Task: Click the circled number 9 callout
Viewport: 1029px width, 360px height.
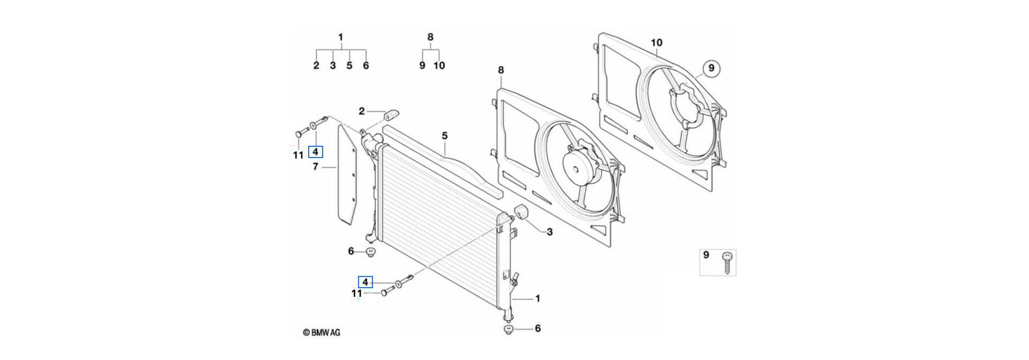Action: coord(711,68)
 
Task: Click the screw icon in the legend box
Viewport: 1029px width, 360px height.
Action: coord(727,262)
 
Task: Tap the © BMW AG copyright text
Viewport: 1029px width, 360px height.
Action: coord(322,333)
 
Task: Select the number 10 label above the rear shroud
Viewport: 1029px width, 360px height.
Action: coord(656,42)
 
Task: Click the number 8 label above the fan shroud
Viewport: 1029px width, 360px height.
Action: coord(501,70)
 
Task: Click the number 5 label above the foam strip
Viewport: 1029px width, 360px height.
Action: coord(444,136)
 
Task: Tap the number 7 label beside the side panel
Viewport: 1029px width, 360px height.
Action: coord(315,167)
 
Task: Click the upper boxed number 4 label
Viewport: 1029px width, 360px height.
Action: coord(316,152)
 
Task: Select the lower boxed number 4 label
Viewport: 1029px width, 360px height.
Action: coord(366,282)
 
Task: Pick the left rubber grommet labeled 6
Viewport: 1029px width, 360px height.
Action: coord(370,252)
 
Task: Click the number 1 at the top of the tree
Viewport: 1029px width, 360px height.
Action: coord(340,37)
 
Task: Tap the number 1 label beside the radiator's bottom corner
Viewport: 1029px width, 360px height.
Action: coord(538,298)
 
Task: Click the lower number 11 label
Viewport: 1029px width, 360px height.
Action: coord(357,294)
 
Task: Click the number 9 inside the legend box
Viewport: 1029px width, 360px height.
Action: coord(706,255)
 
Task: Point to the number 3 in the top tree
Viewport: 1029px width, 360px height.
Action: coord(333,65)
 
